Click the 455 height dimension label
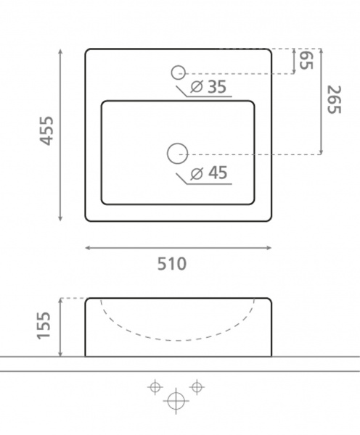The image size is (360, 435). (46, 131)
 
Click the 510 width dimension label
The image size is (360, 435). (172, 264)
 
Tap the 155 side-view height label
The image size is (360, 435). (44, 325)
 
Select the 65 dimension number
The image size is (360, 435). (306, 60)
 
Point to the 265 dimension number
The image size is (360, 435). (334, 99)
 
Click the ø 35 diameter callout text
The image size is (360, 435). (208, 86)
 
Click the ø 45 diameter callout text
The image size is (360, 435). (209, 173)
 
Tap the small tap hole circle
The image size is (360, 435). (178, 72)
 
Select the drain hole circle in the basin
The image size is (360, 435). (178, 154)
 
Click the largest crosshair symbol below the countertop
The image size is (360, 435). (176, 401)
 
